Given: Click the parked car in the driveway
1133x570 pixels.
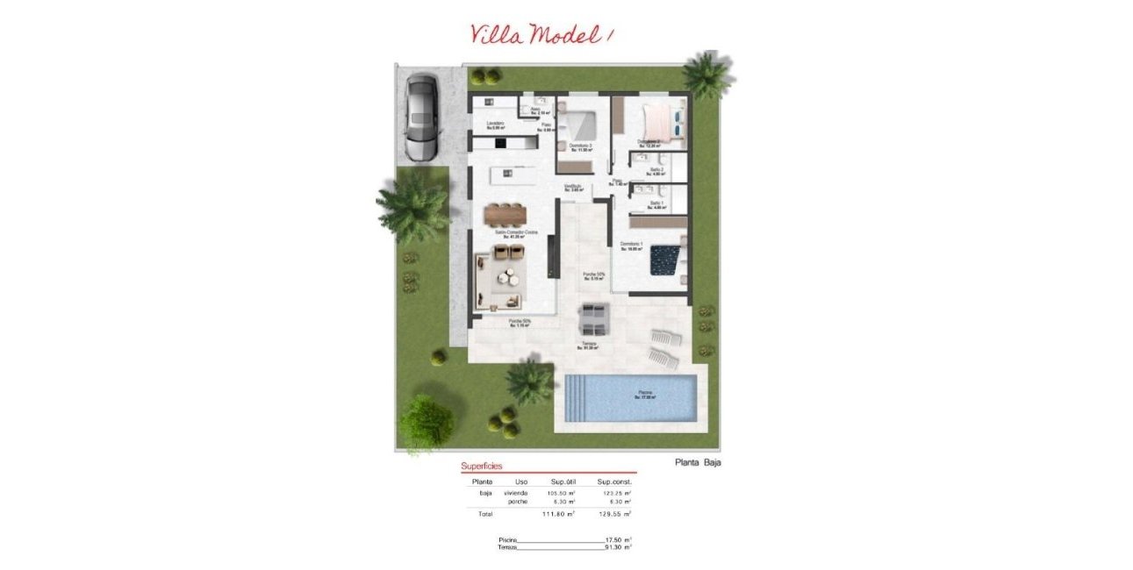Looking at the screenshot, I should point(421,118).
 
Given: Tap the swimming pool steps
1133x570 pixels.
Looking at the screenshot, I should point(576,396).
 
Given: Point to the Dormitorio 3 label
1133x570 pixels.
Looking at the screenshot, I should point(580,146).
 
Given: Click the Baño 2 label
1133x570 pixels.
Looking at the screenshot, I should point(656,171).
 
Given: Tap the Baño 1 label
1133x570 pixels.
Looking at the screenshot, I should point(656,204).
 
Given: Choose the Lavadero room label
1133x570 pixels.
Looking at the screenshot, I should point(496,124).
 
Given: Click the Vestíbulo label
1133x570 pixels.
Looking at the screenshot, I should point(574,187).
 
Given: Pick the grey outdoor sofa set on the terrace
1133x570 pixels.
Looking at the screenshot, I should point(594,312).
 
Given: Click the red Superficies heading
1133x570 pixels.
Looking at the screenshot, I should point(482,467).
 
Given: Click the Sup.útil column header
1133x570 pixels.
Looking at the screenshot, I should point(562,481).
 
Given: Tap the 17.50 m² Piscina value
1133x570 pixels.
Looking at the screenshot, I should point(617,539).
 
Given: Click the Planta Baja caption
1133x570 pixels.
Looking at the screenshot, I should point(698,462).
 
